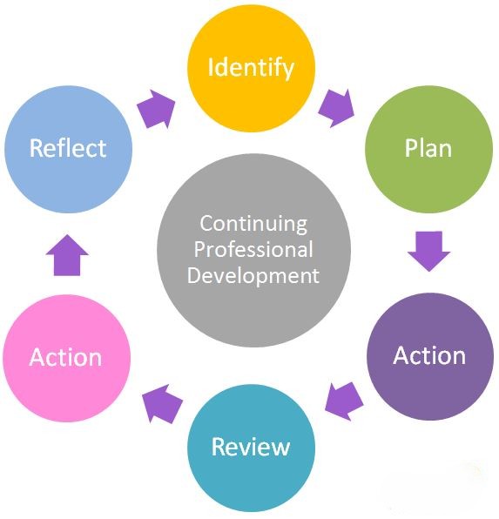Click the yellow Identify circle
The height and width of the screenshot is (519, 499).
click(251, 68)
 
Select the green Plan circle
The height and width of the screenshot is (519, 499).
click(428, 149)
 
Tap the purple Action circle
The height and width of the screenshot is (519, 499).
click(430, 356)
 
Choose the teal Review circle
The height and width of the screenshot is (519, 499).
click(251, 448)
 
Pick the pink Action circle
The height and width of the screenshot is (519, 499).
click(66, 358)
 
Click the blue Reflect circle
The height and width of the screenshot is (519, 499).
click(68, 149)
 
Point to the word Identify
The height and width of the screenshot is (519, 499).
click(251, 68)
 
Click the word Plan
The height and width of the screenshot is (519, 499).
click(428, 148)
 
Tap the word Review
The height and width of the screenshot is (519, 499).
click(251, 447)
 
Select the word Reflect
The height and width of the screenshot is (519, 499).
click(68, 147)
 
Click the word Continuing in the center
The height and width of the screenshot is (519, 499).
click(253, 225)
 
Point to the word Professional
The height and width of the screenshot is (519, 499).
click(253, 249)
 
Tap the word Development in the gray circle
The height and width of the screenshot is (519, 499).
click(253, 276)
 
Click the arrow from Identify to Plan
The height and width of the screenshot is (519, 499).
click(336, 108)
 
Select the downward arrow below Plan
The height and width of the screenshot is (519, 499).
click(428, 251)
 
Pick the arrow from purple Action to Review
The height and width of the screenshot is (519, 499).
click(344, 401)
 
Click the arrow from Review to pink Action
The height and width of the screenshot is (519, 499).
click(162, 404)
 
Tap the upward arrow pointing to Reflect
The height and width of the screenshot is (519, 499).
click(67, 255)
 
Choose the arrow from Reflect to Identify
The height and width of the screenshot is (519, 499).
click(156, 109)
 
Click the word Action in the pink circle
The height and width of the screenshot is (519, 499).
click(65, 358)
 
